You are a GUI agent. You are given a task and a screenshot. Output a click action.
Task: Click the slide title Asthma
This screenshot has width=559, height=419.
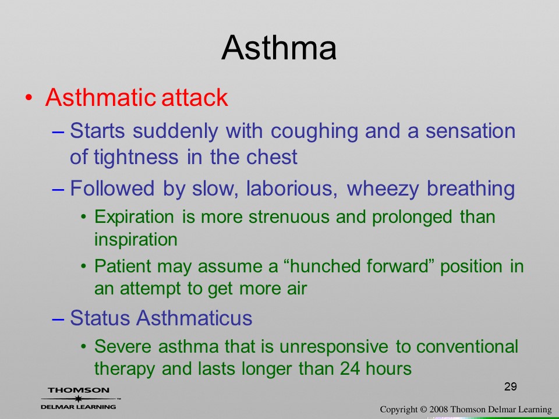tap(279, 48)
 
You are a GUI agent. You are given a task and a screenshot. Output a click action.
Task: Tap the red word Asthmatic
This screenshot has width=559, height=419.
tap(101, 97)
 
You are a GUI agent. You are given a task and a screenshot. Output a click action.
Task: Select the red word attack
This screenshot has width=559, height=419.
tap(194, 97)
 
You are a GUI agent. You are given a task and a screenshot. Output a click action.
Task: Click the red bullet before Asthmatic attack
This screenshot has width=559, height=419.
tap(29, 98)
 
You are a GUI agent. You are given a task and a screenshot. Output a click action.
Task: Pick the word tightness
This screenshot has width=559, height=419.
tap(136, 157)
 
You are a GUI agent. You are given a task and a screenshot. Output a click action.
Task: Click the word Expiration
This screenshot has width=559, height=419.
tap(135, 217)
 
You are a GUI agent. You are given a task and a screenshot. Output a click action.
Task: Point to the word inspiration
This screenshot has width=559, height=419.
tap(136, 239)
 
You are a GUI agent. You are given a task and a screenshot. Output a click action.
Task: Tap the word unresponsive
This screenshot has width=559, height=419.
tap(334, 347)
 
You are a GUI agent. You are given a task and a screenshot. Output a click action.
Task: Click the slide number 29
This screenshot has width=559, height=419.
tap(511, 386)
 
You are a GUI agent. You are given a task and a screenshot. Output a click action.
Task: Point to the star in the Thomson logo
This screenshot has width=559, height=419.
tap(78, 399)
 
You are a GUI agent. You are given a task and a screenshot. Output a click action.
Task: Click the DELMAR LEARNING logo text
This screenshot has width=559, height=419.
tap(79, 407)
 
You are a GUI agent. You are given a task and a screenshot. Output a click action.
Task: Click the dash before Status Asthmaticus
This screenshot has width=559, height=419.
tap(58, 318)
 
